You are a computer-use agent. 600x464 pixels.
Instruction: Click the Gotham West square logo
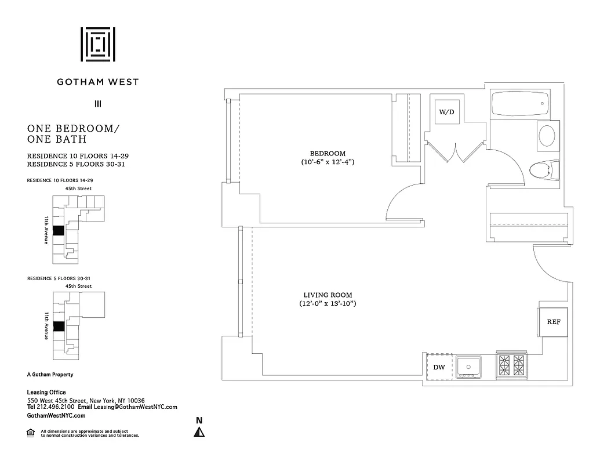[x=97, y=44]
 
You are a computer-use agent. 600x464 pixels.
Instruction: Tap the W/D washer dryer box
[x=446, y=111]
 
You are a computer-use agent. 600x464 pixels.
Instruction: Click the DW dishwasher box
[x=439, y=367]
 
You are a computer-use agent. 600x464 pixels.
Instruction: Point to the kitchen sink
[x=468, y=367]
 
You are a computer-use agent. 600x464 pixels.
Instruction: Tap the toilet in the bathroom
[x=544, y=170]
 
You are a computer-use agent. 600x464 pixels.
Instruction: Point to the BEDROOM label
[x=327, y=153]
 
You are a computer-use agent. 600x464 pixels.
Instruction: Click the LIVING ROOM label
[x=328, y=295]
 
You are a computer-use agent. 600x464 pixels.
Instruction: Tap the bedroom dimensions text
[x=327, y=162]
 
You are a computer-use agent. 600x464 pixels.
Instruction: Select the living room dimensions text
[x=328, y=304]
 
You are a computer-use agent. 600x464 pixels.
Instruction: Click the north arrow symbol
[x=199, y=431]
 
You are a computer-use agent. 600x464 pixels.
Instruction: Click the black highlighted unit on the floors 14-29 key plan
[x=58, y=230]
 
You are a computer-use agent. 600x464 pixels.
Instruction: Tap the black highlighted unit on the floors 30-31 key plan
[x=58, y=327]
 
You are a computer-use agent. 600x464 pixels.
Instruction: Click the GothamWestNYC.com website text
[x=56, y=415]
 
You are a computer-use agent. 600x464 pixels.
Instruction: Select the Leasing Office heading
[x=46, y=393]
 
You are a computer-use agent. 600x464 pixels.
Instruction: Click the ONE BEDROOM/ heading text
[x=73, y=128]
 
